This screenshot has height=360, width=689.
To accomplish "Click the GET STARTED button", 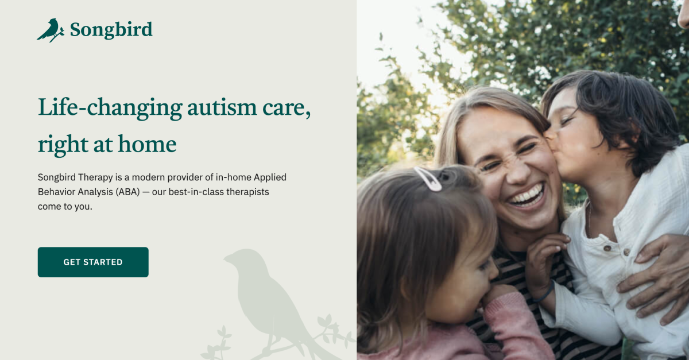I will [x=93, y=262].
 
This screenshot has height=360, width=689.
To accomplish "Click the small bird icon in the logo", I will [x=50, y=30].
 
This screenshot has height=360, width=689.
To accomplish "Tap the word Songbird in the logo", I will [x=111, y=29].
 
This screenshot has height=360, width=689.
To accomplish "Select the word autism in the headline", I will [x=220, y=107].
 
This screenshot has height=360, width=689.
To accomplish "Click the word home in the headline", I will [x=148, y=144].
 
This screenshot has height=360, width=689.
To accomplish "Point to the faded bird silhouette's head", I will [x=242, y=258].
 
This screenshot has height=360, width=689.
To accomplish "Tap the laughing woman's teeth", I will [x=526, y=195].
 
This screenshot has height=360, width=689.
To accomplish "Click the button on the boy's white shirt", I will [x=606, y=248].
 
